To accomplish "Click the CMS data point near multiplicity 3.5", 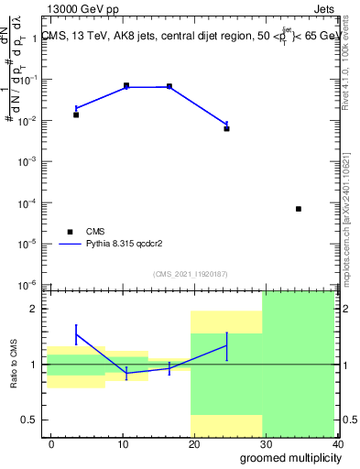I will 76,115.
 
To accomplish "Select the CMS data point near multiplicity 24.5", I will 226,128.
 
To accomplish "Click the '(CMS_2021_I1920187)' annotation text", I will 191,274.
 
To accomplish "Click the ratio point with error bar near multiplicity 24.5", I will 226,345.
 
